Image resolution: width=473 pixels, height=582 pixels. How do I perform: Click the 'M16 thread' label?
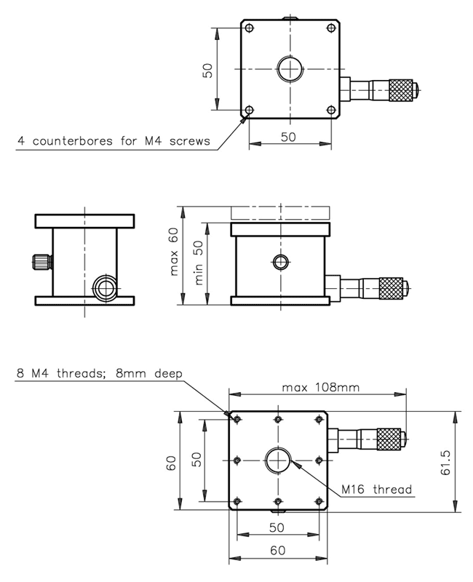[377, 489]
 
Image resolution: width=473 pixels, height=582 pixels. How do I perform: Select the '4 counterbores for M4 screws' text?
[114, 141]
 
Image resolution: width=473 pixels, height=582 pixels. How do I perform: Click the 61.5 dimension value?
[446, 461]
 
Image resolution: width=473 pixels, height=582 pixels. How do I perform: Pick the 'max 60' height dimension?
[174, 254]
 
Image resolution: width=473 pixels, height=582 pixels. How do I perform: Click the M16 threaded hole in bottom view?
[278, 460]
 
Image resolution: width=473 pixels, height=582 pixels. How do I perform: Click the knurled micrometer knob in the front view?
[391, 287]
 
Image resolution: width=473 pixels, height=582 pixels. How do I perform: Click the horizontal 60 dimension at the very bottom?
[277, 551]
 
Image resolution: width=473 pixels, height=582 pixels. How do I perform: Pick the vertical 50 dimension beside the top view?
[207, 71]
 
